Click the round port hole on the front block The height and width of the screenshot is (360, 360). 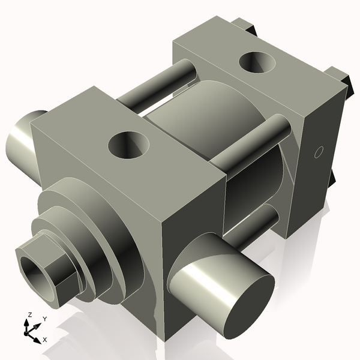tap(128, 145)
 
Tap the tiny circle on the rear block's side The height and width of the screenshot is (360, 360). tap(319, 151)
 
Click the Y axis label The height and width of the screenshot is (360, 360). tap(44, 320)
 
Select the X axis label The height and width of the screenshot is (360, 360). tap(44, 340)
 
